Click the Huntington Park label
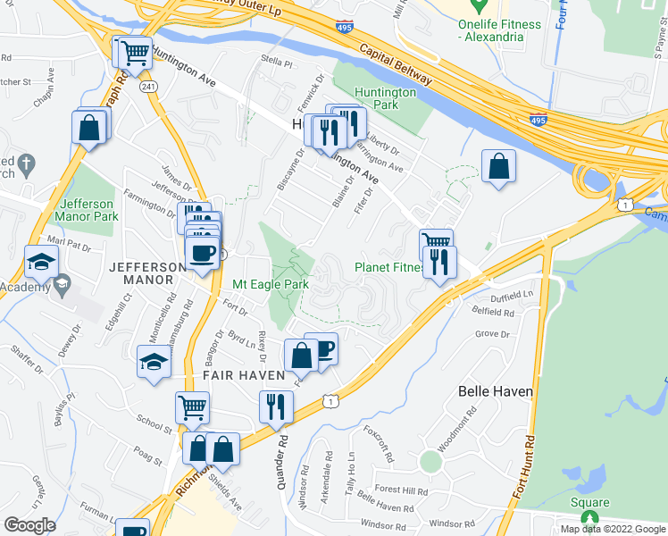[x=385, y=97]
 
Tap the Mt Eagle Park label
[x=271, y=285]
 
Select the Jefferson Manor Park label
[x=86, y=210]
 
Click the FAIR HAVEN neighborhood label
[x=243, y=376]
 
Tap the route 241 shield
[x=148, y=87]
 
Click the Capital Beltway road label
[x=396, y=64]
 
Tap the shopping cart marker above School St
[x=192, y=408]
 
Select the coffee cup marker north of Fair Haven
[x=322, y=348]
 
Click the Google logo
[x=29, y=525]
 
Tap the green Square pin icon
[x=589, y=516]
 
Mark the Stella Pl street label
[x=277, y=64]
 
